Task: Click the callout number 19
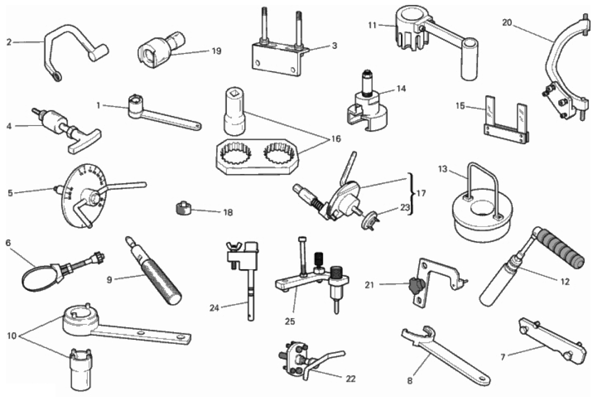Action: (x=216, y=51)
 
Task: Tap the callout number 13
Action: (x=442, y=169)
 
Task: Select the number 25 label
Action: (x=290, y=321)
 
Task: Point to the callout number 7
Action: (x=503, y=357)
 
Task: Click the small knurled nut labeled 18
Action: (x=183, y=208)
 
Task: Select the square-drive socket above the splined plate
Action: (x=234, y=111)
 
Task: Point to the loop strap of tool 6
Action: (x=37, y=275)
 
